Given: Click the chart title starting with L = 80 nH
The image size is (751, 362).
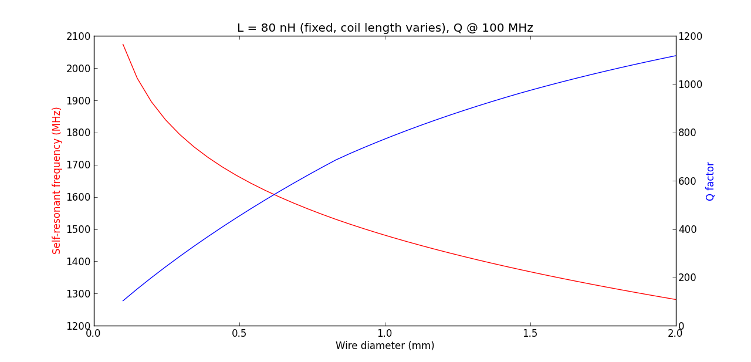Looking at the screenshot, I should click(x=385, y=28).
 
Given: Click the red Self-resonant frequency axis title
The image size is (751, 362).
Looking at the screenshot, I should click(x=57, y=181).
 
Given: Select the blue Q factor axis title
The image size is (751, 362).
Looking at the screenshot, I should click(x=711, y=181).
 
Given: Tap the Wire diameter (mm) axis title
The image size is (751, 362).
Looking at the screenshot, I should click(x=385, y=346).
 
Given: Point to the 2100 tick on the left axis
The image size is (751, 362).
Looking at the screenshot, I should click(x=79, y=36).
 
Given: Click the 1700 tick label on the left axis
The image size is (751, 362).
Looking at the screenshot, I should click(x=79, y=165).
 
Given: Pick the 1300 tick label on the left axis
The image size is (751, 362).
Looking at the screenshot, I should click(x=79, y=294).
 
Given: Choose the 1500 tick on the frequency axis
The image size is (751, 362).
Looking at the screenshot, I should click(x=79, y=229).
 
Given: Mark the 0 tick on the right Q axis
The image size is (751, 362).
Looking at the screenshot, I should click(x=682, y=326).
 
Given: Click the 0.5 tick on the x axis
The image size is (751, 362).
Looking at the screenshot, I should click(x=239, y=333).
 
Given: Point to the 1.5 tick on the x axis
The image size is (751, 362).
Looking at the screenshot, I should click(x=530, y=333).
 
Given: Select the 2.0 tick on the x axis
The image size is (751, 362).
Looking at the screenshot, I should click(x=676, y=333).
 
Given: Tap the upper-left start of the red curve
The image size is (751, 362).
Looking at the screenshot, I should click(x=123, y=44).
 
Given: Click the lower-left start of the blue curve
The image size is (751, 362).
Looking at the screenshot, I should click(x=123, y=301).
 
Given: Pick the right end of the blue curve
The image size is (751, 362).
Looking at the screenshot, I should click(x=675, y=56).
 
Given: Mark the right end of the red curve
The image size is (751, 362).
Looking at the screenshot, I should click(x=675, y=299).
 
